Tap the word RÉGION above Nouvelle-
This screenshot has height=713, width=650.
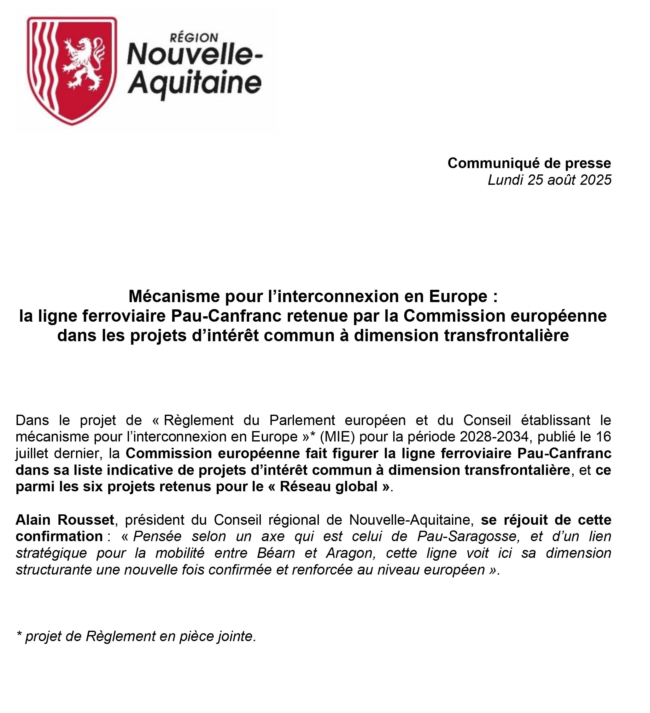pos(194,38)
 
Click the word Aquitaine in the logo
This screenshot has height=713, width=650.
pos(195,84)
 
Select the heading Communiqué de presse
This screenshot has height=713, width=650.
pos(529,163)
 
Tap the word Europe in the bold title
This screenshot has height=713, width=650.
pos(458,296)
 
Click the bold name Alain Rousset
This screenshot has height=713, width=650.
pos(65,520)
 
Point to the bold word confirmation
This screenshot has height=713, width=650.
pos(59,536)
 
